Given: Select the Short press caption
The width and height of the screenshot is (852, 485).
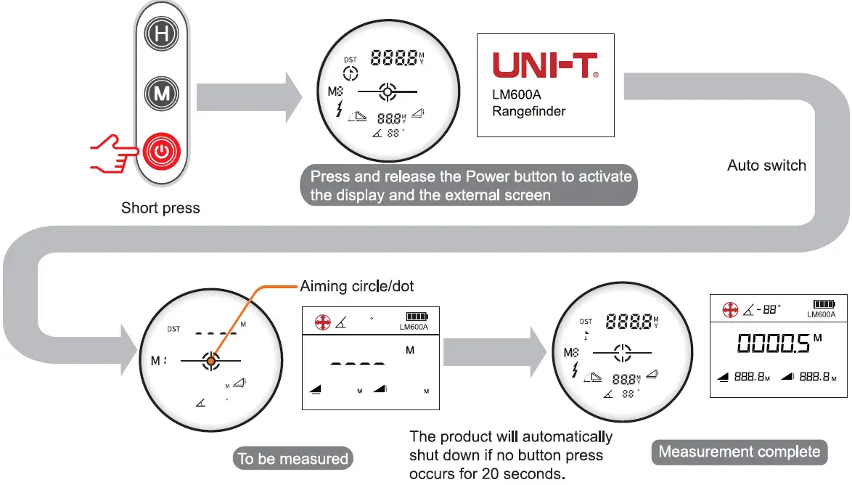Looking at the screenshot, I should tap(160, 208).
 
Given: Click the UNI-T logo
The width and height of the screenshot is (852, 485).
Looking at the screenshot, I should tap(546, 65).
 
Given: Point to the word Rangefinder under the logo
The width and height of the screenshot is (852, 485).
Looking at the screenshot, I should tap(528, 111).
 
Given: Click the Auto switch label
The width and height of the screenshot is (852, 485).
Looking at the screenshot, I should tap(766, 166).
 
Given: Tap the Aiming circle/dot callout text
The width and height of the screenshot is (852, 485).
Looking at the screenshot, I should tap(357, 286).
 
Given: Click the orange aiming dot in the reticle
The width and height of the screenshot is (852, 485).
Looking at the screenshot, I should tap(210, 360).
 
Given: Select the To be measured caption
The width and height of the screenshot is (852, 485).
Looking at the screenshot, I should tap(293, 459).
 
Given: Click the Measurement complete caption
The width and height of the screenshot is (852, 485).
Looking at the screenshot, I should tap(739, 452).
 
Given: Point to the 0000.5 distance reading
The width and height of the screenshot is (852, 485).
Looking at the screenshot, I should tap(773, 343).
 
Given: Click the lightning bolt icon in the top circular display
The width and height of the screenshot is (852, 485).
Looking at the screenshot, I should tap(339, 110).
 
